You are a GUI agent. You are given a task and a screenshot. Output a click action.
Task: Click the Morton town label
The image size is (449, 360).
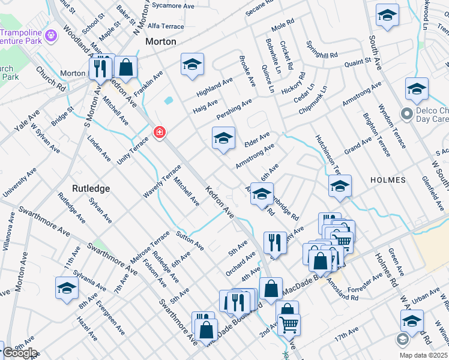tap(161, 42)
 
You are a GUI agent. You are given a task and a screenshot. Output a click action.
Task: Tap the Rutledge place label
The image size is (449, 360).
tap(91, 188)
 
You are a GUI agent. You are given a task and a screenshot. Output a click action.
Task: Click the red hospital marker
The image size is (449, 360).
tap(160, 131)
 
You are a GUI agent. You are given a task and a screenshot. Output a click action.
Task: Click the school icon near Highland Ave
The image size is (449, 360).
tap(192, 64)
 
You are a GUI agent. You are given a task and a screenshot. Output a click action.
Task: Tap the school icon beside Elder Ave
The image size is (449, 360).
tap(223, 138)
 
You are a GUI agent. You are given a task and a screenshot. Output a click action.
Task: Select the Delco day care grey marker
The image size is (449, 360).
tap(406, 113)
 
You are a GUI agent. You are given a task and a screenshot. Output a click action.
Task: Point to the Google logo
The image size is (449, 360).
tap(20, 353)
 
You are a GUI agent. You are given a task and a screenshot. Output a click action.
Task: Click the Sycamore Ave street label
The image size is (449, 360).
tap(173, 5)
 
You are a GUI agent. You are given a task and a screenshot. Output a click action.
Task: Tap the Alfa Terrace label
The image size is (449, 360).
tap(166, 26)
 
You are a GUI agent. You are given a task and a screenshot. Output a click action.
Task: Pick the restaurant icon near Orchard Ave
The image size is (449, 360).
tap(274, 241)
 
